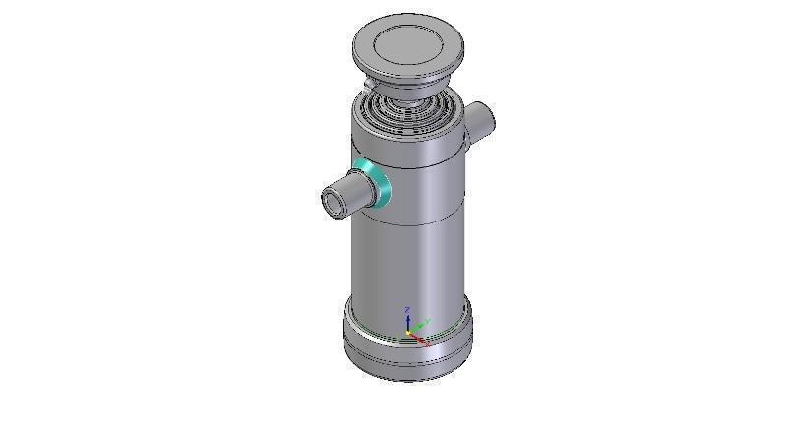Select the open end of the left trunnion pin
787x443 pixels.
coord(333,202)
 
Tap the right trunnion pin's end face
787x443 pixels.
coord(485,122)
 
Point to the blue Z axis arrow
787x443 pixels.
coord(408,321)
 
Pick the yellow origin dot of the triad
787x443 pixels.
coord(409,334)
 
